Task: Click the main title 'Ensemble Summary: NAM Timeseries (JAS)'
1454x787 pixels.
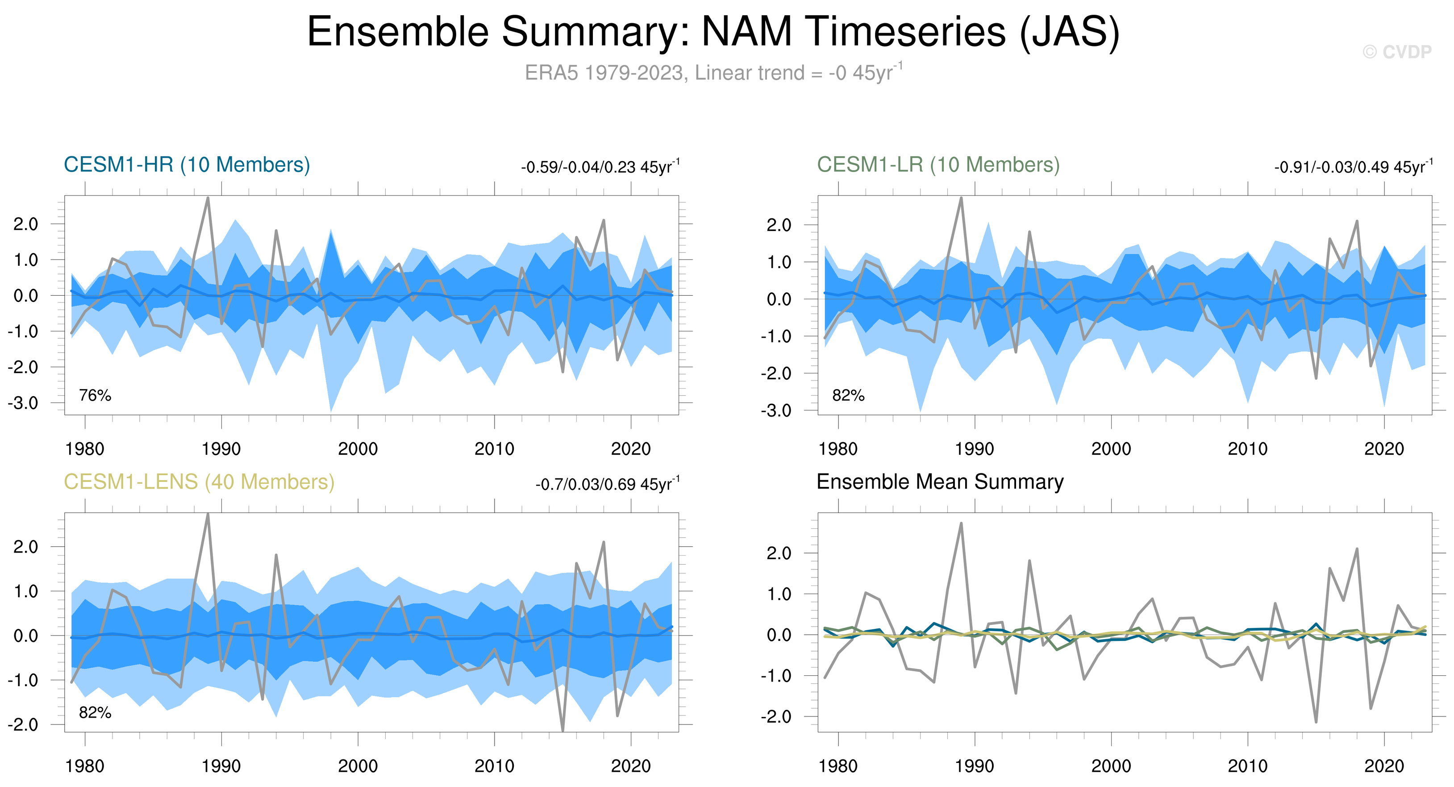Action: [713, 32]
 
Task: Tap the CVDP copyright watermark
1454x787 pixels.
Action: [1397, 52]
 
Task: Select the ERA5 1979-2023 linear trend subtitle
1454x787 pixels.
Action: [714, 72]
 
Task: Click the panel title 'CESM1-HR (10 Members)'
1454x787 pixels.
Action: [187, 165]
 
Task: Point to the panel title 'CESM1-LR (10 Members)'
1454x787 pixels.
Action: [938, 165]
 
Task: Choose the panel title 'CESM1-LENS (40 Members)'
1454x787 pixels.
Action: [199, 482]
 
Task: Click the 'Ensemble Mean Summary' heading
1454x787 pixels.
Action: [940, 481]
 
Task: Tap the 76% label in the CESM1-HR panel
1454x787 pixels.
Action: [95, 395]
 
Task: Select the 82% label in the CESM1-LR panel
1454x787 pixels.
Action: [848, 395]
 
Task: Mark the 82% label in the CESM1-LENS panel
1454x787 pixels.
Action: [95, 712]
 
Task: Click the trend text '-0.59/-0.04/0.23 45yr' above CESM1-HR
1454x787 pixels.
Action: [600, 167]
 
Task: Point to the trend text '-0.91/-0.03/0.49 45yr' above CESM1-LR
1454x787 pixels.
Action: [1354, 167]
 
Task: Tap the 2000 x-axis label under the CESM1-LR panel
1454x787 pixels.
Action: [1111, 449]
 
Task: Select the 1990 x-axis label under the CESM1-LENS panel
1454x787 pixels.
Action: [221, 766]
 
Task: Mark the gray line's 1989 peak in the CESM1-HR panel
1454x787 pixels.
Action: [208, 197]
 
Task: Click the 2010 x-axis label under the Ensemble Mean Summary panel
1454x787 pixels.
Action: [1247, 766]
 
